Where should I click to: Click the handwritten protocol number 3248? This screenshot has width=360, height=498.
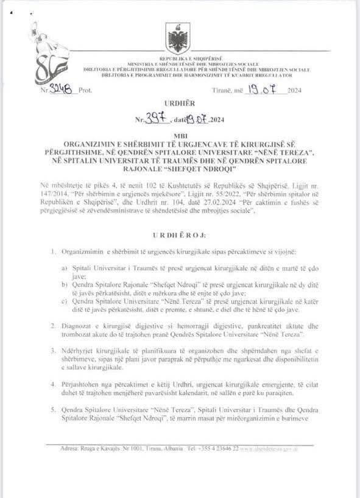tap(63, 90)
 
